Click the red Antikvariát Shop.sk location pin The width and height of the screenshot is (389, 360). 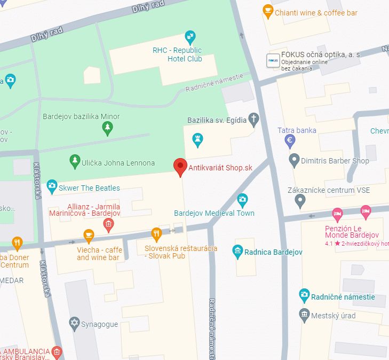click(181, 167)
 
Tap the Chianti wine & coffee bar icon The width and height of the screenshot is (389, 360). click(268, 11)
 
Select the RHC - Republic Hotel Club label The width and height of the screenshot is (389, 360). click(177, 54)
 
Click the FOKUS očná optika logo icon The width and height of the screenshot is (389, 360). click(273, 61)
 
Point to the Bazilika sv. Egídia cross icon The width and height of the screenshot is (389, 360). click(254, 120)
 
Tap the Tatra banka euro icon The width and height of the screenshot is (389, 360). click(290, 140)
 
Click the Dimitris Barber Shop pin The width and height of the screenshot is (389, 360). click(293, 160)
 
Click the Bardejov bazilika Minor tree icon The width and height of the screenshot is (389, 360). click(108, 127)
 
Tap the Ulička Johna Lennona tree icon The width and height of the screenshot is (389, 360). click(75, 161)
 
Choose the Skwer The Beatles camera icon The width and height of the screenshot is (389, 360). click(52, 186)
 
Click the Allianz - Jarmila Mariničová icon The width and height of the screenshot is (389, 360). click(108, 224)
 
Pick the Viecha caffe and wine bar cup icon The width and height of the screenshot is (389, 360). click(89, 235)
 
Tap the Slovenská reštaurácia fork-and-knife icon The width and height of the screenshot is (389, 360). click(156, 233)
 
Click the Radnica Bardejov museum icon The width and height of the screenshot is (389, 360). click(238, 251)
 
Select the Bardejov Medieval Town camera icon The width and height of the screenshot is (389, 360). click(242, 200)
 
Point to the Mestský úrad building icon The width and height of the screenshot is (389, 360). click(304, 314)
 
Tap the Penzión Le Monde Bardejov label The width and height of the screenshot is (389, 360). click(352, 232)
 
